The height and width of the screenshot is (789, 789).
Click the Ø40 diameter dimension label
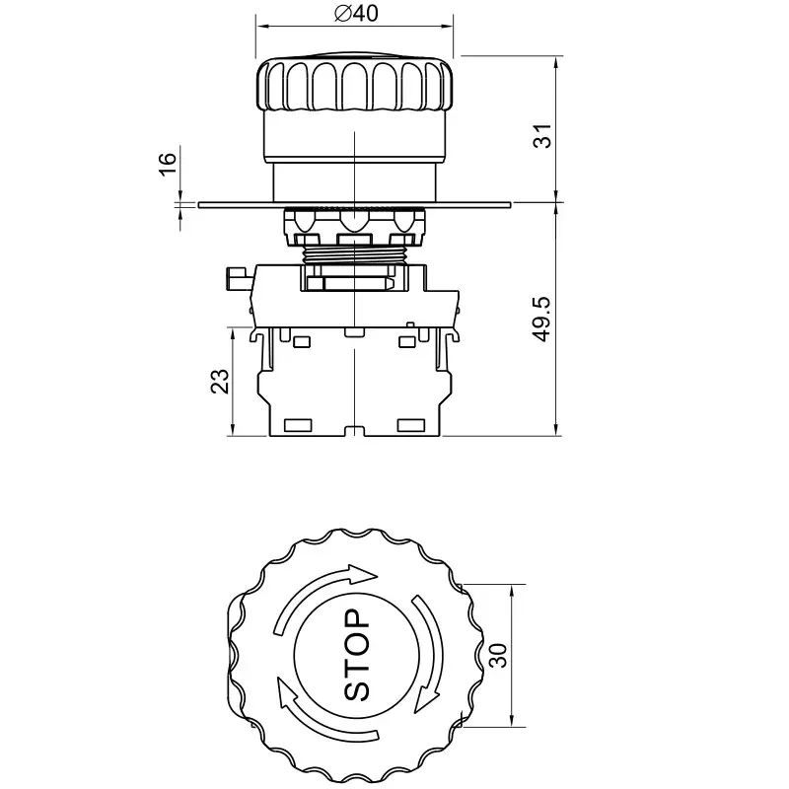coord(356,13)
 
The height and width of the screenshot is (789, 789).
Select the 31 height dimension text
coord(541,136)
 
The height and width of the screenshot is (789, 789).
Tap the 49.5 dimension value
coord(541,320)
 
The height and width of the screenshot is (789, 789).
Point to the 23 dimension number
coord(219,382)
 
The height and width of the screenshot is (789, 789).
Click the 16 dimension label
coord(168,164)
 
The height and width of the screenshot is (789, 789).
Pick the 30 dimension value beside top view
coord(498,656)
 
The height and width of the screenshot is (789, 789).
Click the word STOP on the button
coord(356,655)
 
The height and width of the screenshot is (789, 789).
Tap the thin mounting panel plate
coord(355,205)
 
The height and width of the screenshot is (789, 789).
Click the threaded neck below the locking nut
coord(355,254)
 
